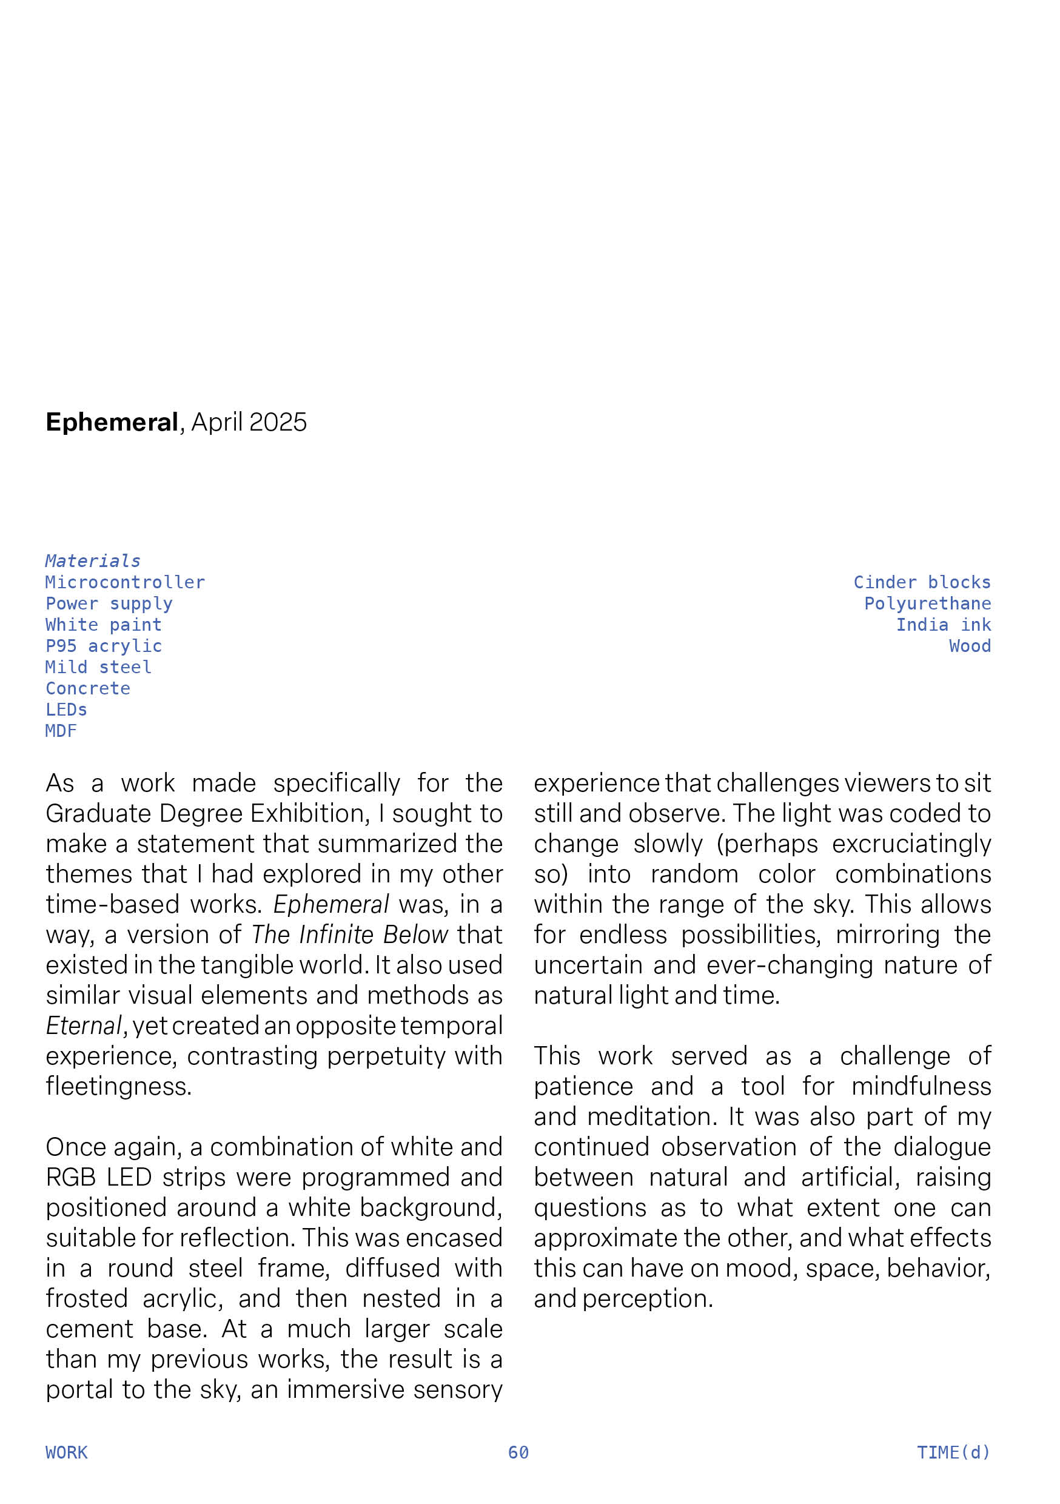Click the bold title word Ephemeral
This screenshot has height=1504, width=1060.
(x=112, y=423)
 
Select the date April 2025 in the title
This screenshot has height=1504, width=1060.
(x=249, y=423)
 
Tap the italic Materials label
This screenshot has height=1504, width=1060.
(x=92, y=561)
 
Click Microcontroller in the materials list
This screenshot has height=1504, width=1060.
(x=125, y=582)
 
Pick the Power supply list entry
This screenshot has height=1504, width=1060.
(x=109, y=603)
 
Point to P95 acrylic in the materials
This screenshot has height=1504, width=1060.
(x=104, y=646)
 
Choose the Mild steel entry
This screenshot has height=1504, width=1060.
(x=98, y=667)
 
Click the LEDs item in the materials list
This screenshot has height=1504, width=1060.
(x=66, y=710)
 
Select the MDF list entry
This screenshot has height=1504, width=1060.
(x=61, y=731)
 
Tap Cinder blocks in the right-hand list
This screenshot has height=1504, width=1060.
(x=922, y=582)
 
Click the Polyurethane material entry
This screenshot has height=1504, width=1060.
(x=927, y=603)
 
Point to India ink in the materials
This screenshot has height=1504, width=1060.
(x=944, y=625)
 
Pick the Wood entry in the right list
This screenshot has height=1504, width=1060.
(x=970, y=646)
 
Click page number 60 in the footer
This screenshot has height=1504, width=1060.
(x=518, y=1453)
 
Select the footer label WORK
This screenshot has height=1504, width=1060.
(x=66, y=1453)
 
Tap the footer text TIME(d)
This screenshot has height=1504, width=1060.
(x=953, y=1453)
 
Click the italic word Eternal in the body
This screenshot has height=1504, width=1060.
(x=84, y=1026)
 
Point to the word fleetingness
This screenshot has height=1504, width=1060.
(x=119, y=1086)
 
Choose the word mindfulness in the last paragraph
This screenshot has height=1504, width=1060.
(x=921, y=1086)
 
